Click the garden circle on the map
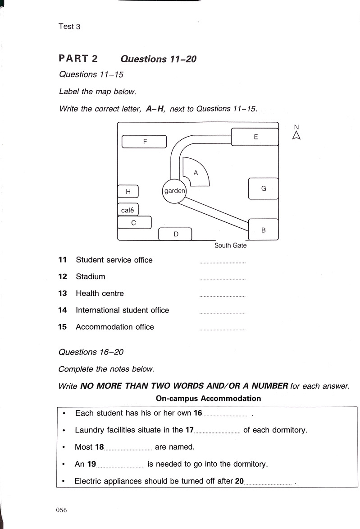tap(174, 191)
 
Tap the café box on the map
tap(128, 210)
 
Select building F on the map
tap(145, 142)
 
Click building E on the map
tap(255, 137)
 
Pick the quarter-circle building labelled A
tap(197, 172)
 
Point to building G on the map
tap(264, 189)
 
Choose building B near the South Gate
tap(263, 230)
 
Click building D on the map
tap(176, 234)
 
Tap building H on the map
tap(128, 192)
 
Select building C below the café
tap(134, 222)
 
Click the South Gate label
tap(230, 246)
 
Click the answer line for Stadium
tap(222, 279)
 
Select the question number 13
tap(63, 294)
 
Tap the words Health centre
tap(100, 294)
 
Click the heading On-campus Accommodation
tap(208, 399)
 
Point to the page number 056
tap(61, 510)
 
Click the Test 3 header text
tap(69, 27)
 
